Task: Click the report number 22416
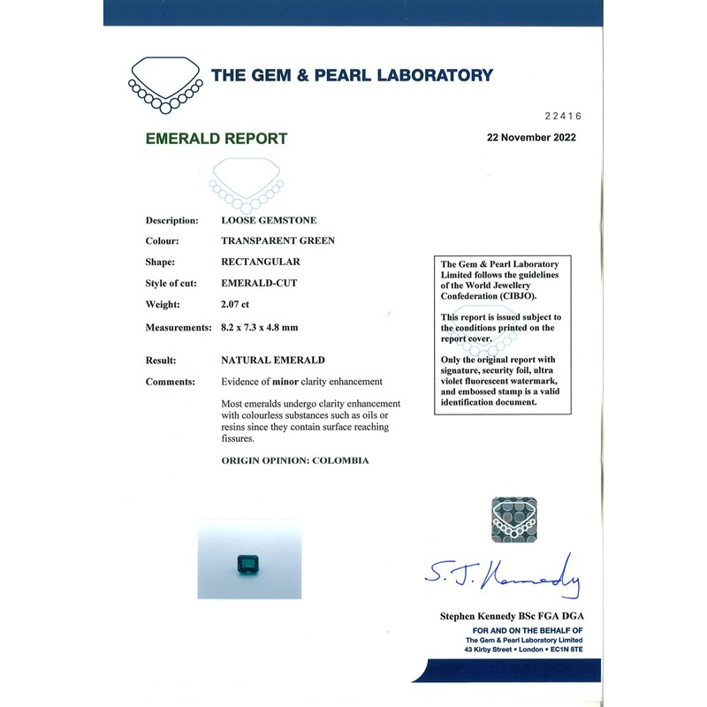pos(563,116)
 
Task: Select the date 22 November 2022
pos(531,138)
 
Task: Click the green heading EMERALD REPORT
pos(217,139)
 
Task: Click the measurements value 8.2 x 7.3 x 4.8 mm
pos(259,327)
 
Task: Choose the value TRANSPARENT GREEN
pos(277,241)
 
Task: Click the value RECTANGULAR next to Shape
pos(260,262)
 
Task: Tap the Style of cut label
pos(174,284)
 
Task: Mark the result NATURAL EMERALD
pos(272,361)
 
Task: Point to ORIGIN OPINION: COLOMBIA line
pos(294,460)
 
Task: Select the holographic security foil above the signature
pos(513,518)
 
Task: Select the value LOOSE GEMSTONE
pos(269,220)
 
